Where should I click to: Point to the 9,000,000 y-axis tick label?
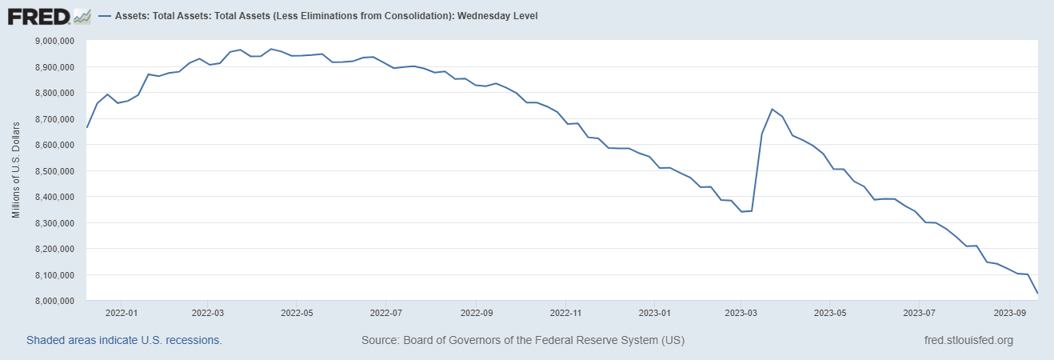click(x=53, y=41)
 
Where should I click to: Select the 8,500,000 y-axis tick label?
click(x=53, y=171)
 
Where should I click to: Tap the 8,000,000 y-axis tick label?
click(x=53, y=301)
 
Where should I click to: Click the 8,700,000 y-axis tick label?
click(x=53, y=119)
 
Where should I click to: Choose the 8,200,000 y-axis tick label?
click(x=53, y=249)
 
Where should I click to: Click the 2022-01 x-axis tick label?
click(x=117, y=314)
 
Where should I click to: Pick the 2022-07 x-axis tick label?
click(x=385, y=314)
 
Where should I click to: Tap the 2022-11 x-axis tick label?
click(x=565, y=314)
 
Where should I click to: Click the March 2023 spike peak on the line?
click(x=772, y=109)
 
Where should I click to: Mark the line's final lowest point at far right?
click(x=1038, y=294)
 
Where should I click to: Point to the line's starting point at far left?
click(x=87, y=128)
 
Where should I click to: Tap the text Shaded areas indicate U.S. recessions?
click(x=124, y=340)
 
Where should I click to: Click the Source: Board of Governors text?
click(x=523, y=340)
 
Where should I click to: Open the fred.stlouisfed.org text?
click(x=968, y=340)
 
